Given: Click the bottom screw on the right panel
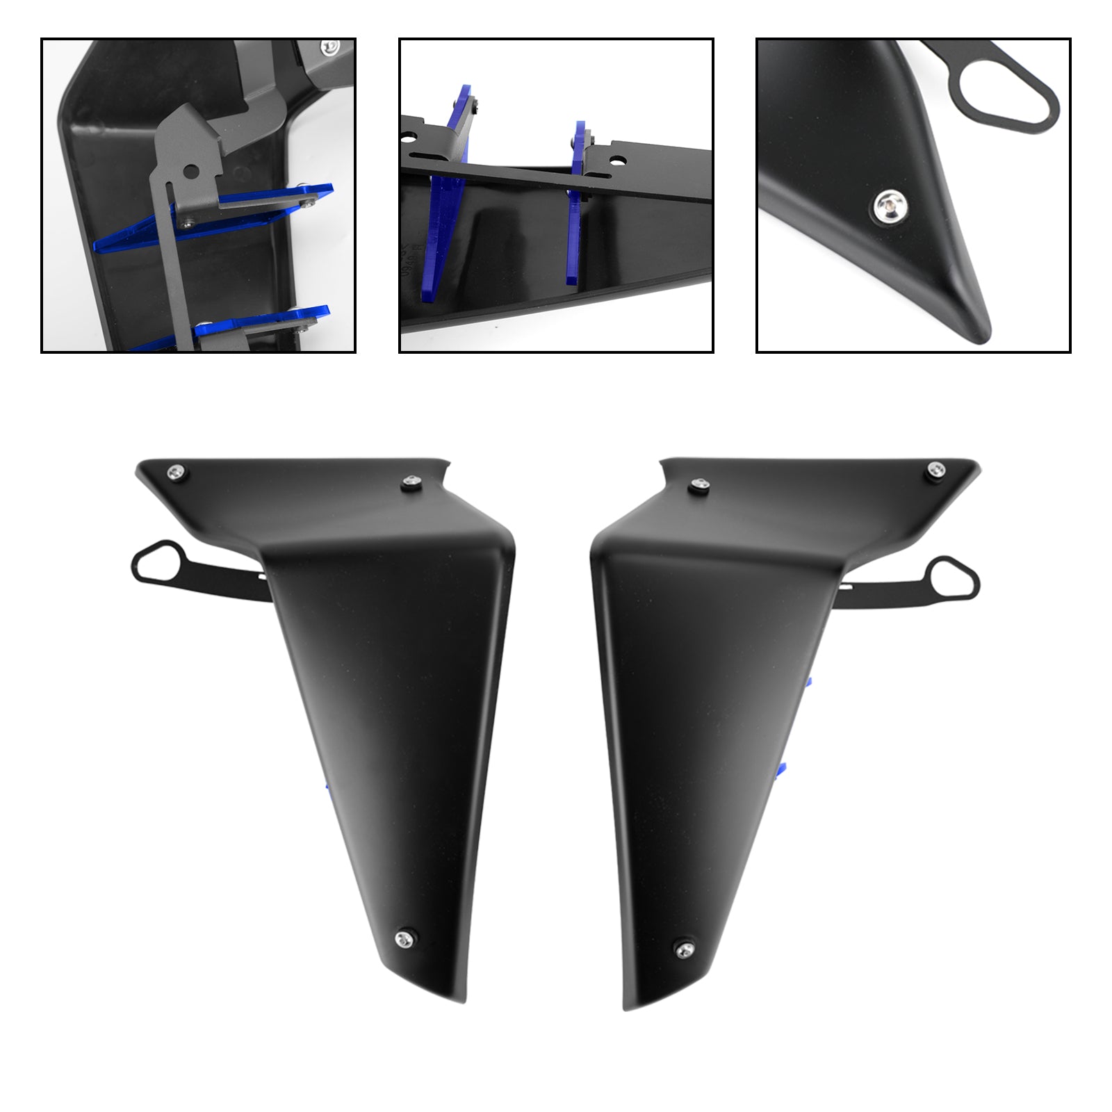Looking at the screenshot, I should (684, 947).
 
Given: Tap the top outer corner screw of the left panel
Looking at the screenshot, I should (176, 473).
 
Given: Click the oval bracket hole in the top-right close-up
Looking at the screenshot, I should (1001, 97).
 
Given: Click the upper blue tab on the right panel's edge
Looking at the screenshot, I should (808, 683).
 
